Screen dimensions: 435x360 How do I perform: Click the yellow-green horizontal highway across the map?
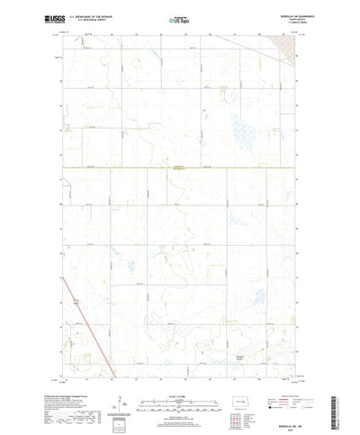180,168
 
